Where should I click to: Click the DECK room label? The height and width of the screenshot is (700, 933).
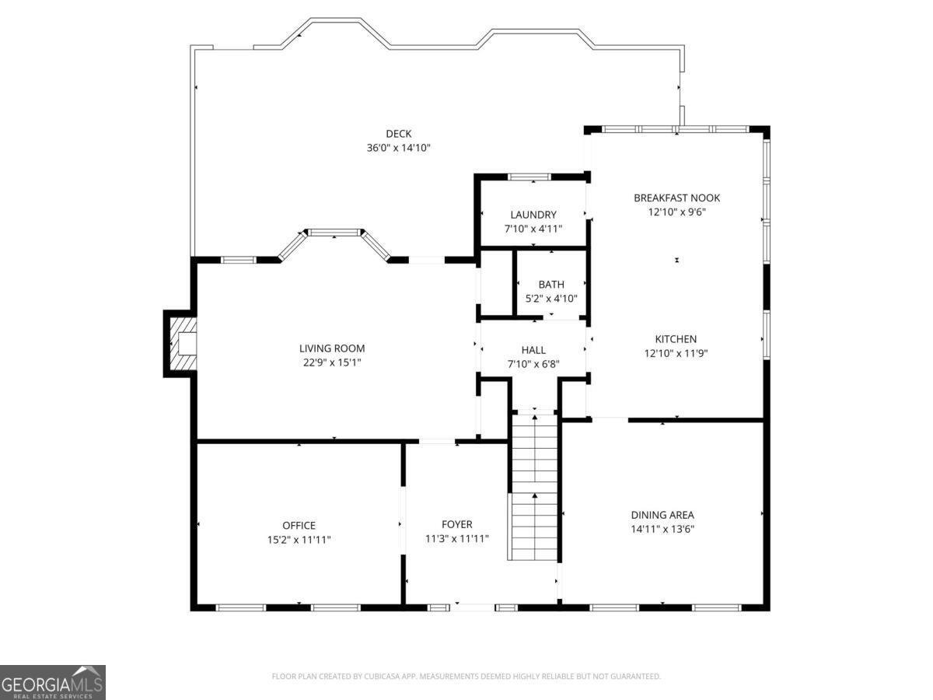(x=399, y=134)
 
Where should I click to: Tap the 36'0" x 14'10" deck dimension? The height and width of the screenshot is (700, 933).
(x=399, y=148)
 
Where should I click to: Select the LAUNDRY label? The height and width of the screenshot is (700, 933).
(x=533, y=215)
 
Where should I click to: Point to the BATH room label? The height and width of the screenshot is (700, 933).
(x=551, y=285)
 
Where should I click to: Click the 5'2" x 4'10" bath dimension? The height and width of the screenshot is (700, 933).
(x=551, y=299)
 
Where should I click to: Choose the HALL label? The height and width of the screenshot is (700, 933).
(x=533, y=350)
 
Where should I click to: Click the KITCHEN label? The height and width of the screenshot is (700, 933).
(x=676, y=339)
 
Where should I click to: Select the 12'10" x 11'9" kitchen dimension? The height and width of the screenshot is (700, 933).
(x=676, y=353)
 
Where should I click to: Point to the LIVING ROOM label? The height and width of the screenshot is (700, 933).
(x=332, y=348)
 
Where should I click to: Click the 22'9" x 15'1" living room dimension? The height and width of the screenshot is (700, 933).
(x=332, y=362)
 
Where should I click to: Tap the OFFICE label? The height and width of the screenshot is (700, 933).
(x=299, y=526)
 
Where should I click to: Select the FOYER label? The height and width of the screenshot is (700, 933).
(x=456, y=524)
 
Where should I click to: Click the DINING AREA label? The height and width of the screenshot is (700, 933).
(x=662, y=515)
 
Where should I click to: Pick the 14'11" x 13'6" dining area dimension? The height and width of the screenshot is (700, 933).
(x=662, y=529)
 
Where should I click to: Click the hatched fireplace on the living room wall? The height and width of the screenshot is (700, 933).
(x=182, y=344)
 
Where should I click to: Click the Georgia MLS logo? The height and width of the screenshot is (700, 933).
(x=52, y=682)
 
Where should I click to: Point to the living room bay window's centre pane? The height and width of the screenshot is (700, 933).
(x=334, y=232)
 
